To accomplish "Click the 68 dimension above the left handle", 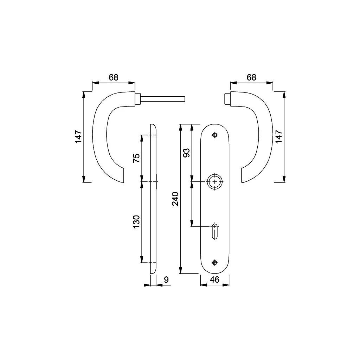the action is pos(114,78).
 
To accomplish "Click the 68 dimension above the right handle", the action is pos(251,78).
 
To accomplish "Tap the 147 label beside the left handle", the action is pos(78,137).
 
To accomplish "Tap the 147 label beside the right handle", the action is pos(278,137).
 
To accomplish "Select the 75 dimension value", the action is pos(136,158).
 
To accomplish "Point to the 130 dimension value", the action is pos(136,222).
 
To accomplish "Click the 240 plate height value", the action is pos(175,199).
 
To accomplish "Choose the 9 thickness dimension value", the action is pos(166,279).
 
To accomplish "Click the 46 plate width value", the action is pos(215,279).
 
